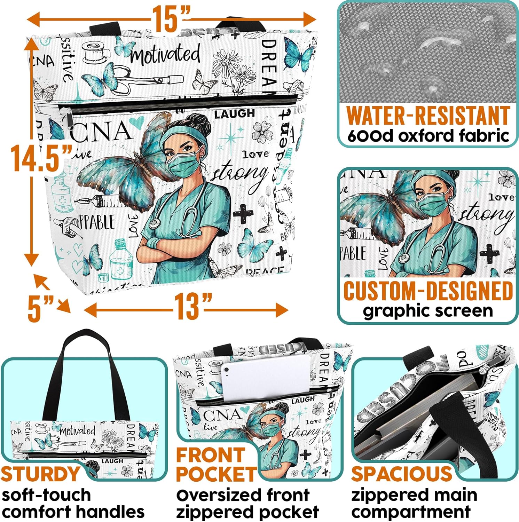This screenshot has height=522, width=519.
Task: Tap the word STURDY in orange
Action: tap(41, 474)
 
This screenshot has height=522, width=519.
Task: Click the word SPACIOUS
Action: tap(401, 474)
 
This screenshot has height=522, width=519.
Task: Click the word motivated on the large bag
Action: tap(165, 55)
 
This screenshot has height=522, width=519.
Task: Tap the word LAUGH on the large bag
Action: tap(234, 114)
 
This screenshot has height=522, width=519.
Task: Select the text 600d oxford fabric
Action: tap(428, 136)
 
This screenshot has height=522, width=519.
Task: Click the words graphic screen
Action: tap(428, 311)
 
